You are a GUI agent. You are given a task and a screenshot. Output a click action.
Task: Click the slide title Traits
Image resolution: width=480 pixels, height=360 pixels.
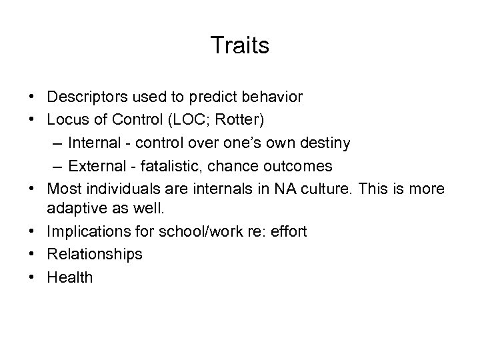click(240, 45)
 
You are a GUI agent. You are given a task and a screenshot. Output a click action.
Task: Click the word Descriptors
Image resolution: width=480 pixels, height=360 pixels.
click(84, 97)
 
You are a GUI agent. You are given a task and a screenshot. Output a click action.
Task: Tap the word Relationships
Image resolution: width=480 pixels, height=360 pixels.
click(94, 255)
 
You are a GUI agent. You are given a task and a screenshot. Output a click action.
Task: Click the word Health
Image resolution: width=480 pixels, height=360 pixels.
click(70, 277)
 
